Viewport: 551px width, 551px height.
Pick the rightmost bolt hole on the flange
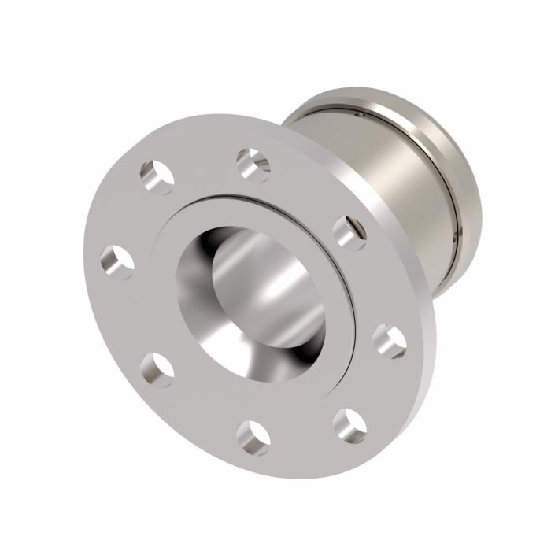click(387, 337)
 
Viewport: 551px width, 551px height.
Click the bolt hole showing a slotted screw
click(349, 230)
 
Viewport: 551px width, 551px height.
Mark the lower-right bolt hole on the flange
click(347, 424)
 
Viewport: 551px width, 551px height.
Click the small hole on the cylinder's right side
click(455, 234)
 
